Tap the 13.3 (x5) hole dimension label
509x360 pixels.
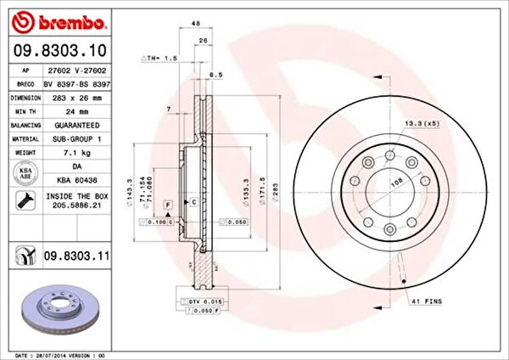(x=422, y=123)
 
